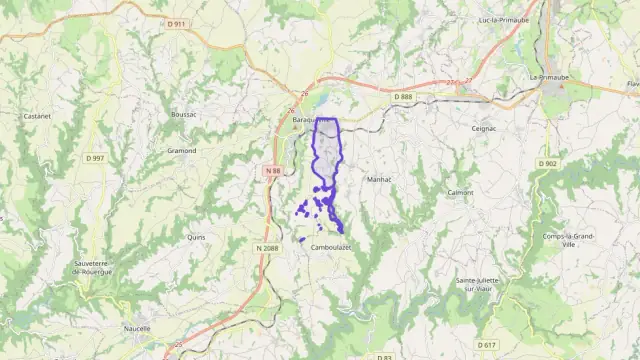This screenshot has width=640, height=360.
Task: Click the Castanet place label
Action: click(x=37, y=116)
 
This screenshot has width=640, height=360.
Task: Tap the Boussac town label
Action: click(x=184, y=115)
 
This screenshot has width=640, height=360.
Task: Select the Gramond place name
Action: click(x=181, y=151)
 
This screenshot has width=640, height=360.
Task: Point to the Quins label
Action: click(x=196, y=238)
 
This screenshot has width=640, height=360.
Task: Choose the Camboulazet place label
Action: click(x=331, y=247)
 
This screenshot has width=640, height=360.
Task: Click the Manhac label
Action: click(x=379, y=180)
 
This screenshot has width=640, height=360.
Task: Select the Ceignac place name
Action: click(x=485, y=128)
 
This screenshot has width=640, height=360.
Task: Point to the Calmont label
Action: click(x=461, y=192)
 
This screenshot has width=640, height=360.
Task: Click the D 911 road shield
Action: click(x=176, y=22)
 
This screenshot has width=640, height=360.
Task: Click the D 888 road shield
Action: click(x=403, y=96)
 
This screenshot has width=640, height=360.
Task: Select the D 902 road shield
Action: click(x=547, y=163)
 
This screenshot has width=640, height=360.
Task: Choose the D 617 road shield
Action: click(x=487, y=345)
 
